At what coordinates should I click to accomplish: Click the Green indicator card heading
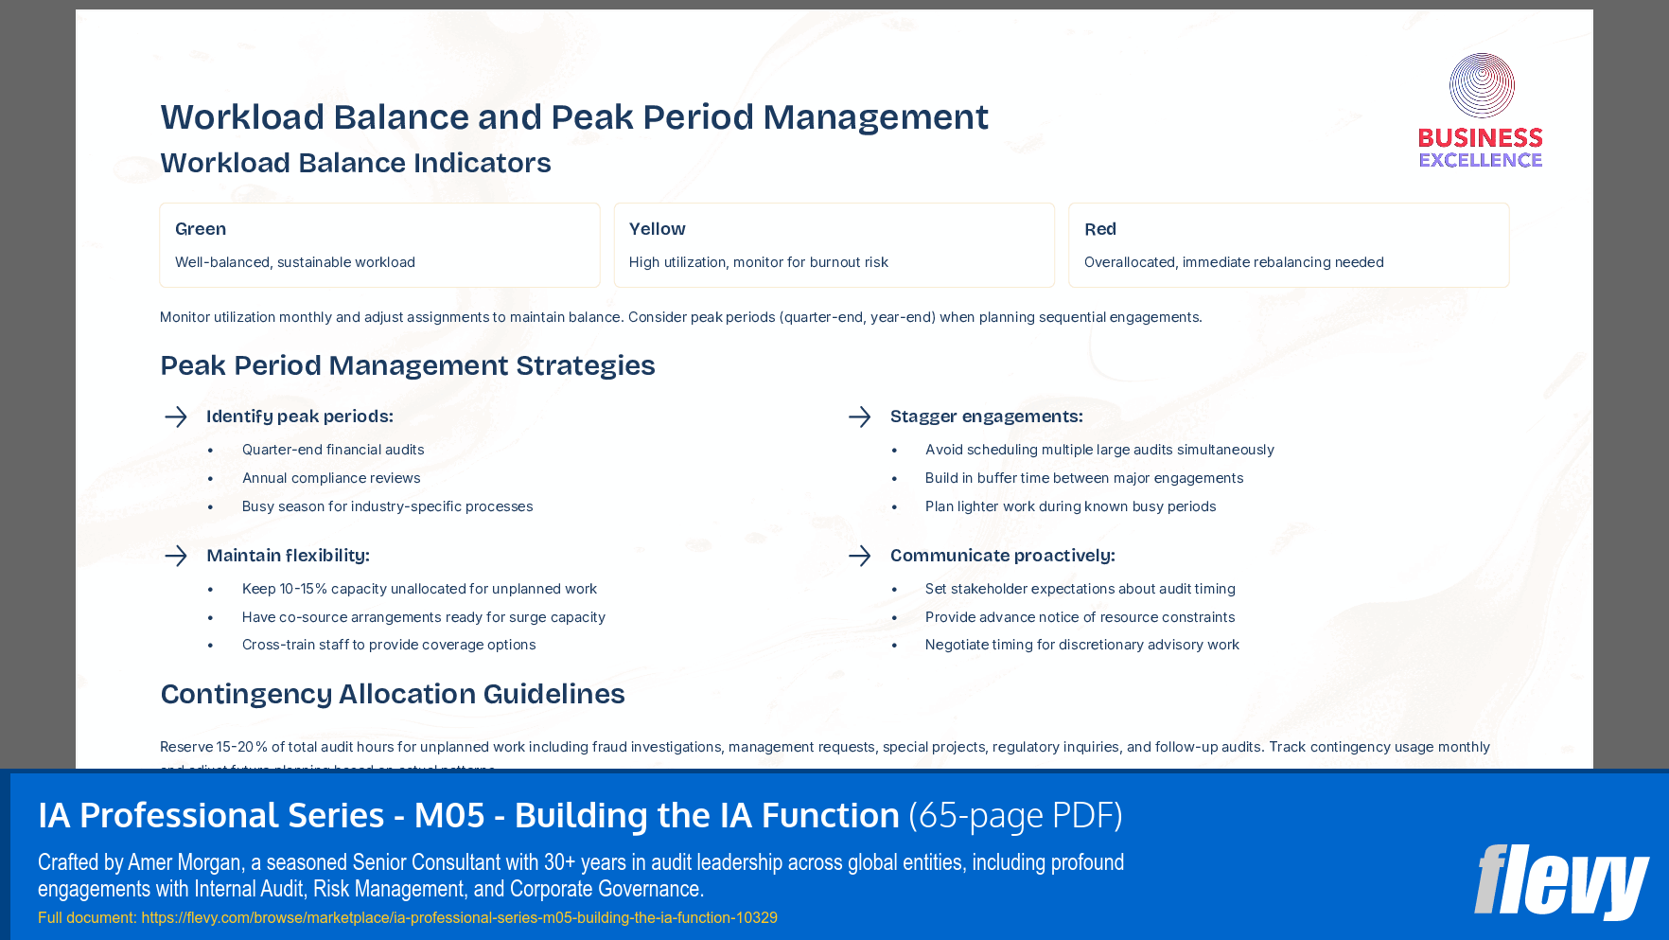(x=201, y=229)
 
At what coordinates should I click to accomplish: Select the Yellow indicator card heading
(x=657, y=229)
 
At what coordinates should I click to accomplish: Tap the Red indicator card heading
(x=1099, y=229)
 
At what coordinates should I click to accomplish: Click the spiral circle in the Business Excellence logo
(x=1482, y=85)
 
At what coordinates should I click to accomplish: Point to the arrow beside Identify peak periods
(x=176, y=417)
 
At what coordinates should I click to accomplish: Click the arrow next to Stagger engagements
(x=859, y=417)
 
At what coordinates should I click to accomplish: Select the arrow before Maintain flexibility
(x=176, y=556)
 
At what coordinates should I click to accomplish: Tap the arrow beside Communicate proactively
(x=859, y=556)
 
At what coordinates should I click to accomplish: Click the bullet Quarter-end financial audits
(x=333, y=450)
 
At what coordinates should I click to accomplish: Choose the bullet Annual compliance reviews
(x=331, y=478)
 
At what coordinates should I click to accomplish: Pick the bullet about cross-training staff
(x=389, y=645)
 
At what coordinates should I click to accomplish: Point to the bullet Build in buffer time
(x=1084, y=478)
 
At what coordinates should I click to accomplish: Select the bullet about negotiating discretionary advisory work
(x=1081, y=645)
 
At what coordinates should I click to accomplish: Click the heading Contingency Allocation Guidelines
(x=393, y=694)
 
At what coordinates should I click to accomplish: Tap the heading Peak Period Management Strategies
(x=407, y=365)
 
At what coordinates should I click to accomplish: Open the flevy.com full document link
(x=459, y=917)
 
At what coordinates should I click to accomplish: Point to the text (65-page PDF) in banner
(x=1015, y=816)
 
